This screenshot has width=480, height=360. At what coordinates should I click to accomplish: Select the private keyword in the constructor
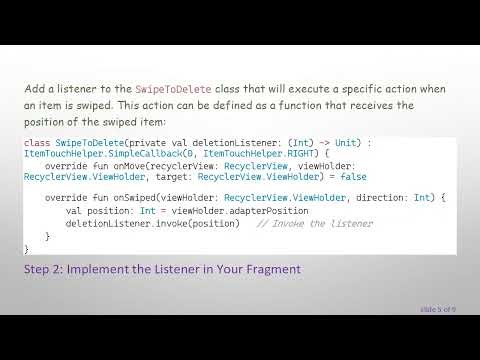tap(142, 143)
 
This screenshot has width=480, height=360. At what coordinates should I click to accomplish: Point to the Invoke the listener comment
tap(314, 224)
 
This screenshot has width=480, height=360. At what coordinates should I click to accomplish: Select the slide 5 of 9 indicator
tap(437, 309)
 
